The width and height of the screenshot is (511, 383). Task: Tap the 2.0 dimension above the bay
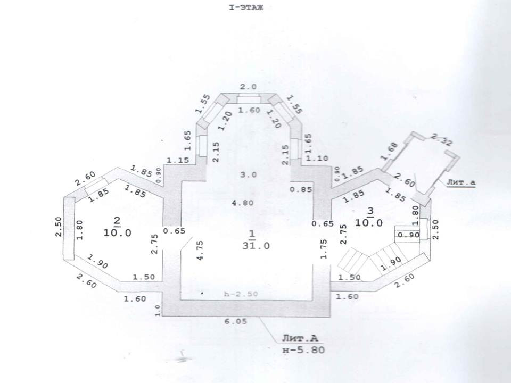(x=249, y=87)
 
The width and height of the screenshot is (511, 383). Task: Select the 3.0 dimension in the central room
(x=248, y=174)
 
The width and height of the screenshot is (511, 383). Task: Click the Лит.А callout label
(x=296, y=339)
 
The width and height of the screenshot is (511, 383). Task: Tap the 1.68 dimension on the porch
(x=390, y=151)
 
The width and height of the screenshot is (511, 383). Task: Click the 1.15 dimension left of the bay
(x=178, y=160)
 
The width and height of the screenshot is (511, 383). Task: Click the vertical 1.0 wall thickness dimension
(x=158, y=310)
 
